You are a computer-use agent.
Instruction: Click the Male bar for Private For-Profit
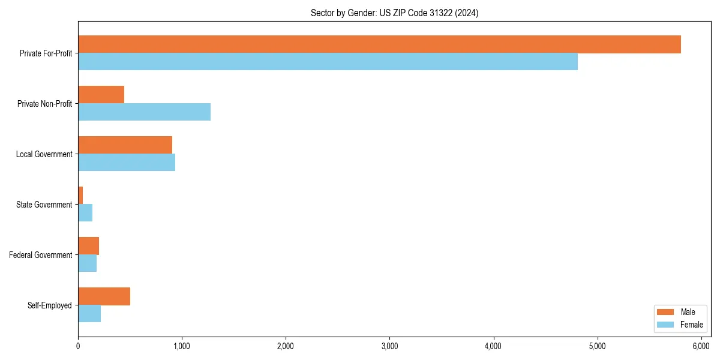point(379,44)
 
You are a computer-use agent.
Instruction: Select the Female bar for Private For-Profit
point(328,62)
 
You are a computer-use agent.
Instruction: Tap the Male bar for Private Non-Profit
point(101,95)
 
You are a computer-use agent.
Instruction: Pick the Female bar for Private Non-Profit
point(144,112)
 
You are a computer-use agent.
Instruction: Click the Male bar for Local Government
point(125,145)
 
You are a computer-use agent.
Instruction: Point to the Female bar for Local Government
point(127,163)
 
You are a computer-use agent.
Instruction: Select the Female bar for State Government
point(85,213)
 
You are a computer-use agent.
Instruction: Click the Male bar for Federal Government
point(88,246)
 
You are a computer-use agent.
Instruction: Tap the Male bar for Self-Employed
point(104,296)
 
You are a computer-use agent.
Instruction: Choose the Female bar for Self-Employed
point(89,314)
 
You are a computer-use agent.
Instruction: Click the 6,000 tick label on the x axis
point(701,346)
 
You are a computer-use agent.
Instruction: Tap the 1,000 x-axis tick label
point(182,346)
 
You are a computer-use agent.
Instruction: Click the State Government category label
point(44,205)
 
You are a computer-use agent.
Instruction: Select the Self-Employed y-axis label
point(49,305)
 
